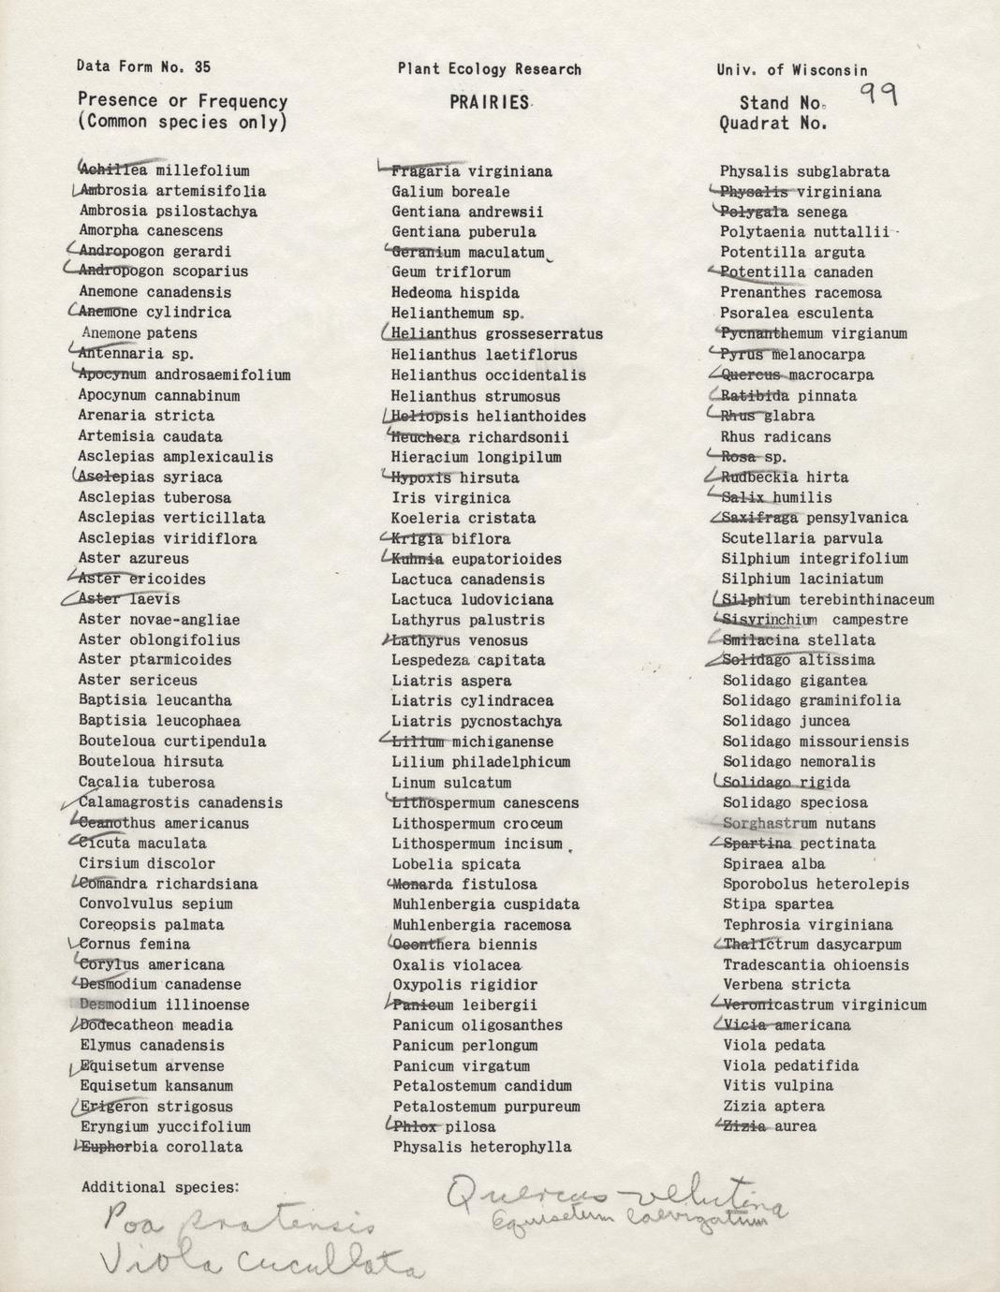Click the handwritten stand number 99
878,95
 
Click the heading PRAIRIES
489,103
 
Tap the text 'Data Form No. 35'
144,66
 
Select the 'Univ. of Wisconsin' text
792,70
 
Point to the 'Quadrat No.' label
773,124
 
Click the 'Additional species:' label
160,1187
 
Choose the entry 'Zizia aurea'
769,1126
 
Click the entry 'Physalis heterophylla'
481,1147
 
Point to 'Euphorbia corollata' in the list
161,1147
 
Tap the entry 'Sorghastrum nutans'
799,823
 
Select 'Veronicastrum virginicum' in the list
824,1005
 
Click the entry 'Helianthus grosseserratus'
497,334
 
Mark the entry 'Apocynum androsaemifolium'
184,374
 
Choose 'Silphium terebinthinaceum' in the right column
828,599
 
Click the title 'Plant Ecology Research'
489,69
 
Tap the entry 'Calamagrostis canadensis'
180,802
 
